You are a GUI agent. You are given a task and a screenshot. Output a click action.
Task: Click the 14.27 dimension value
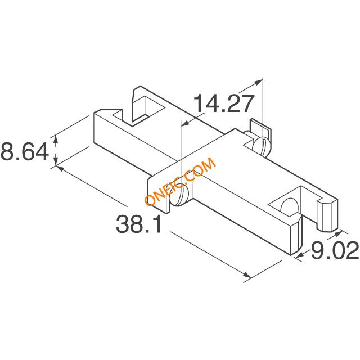tap(224, 103)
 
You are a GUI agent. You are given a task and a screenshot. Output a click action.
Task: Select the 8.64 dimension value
tap(25, 151)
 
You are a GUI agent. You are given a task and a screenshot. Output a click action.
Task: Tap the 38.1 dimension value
tap(139, 224)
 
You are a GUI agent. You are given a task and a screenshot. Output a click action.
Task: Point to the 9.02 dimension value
tap(335, 250)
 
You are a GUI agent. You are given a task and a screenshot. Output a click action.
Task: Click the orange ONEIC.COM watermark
tap(181, 181)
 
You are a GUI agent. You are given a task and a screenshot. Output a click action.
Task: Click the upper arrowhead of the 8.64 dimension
tap(55, 139)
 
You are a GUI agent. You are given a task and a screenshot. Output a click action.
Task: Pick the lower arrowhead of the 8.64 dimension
tap(55, 161)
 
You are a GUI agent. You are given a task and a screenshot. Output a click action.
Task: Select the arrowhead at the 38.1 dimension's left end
tap(60, 168)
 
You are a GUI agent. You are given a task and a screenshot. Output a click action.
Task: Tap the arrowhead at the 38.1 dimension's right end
tap(246, 274)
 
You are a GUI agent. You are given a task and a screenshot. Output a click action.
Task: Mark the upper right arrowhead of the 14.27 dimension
tap(258, 82)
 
